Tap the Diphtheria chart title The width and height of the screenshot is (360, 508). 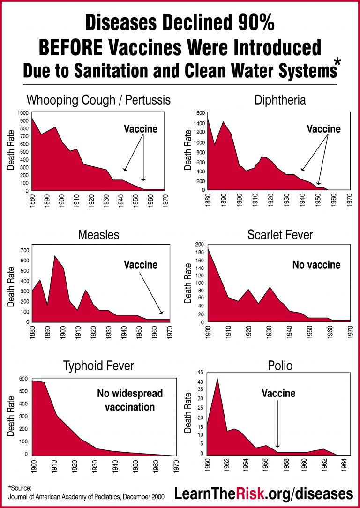point(280,100)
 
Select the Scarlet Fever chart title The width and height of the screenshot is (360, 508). point(280,234)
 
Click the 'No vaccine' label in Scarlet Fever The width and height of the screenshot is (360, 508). point(316,265)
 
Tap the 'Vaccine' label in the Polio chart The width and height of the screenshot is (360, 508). point(278,393)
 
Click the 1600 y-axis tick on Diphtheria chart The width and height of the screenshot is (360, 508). point(199,113)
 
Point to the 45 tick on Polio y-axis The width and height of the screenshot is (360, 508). point(201,373)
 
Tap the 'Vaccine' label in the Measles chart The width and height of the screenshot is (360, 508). point(141,265)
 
